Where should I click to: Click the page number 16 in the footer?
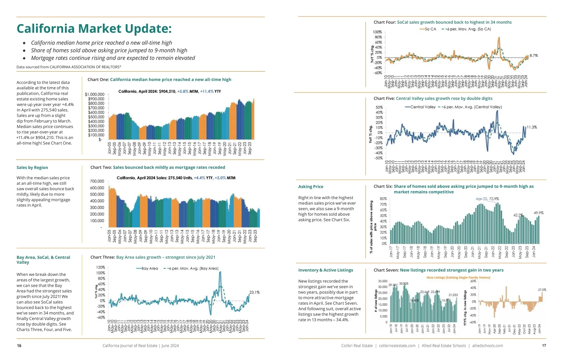point(19,346)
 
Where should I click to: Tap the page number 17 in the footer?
point(544,346)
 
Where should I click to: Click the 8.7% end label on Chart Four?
point(534,55)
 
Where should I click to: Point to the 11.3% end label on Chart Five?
point(532,127)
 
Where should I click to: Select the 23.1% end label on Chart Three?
point(254,292)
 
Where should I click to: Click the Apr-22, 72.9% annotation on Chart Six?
point(487,199)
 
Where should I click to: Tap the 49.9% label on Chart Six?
point(539,213)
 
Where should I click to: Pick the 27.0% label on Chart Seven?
point(542,290)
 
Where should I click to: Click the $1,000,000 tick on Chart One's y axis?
point(95,94)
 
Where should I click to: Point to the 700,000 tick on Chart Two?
point(97,181)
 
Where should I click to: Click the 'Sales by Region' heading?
point(32,167)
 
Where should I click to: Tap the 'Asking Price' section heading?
point(311,187)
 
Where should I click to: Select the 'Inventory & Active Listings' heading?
point(326,270)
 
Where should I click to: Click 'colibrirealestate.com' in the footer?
point(397,346)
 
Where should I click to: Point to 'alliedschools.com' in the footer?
point(487,346)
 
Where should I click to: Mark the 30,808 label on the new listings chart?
point(404,283)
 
